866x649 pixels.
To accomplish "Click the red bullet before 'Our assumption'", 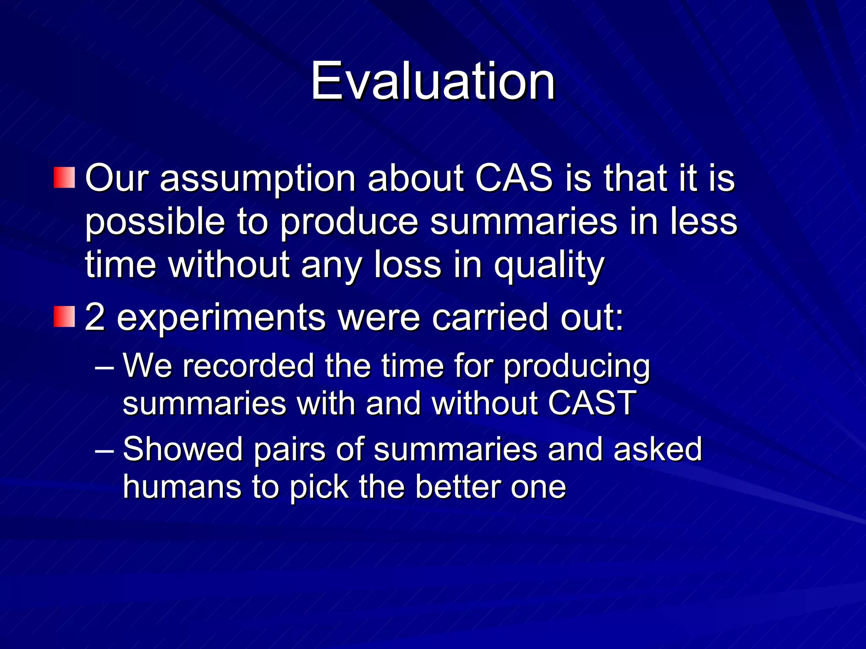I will pos(64,177).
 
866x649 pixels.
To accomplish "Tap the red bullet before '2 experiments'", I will pos(64,317).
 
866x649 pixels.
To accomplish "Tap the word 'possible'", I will pos(155,223).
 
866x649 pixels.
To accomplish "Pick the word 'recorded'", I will pos(248,365).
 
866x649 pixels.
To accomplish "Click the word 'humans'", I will pos(182,487).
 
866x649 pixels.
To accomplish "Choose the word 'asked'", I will pos(658,449).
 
